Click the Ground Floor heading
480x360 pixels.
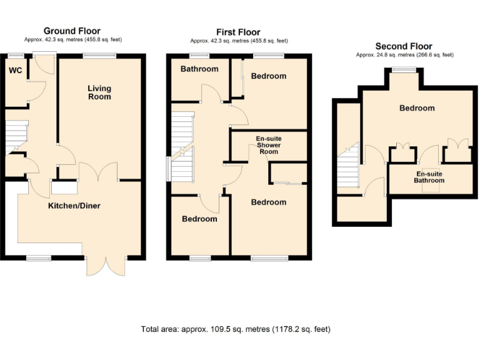(71, 31)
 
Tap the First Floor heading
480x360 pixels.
(238, 32)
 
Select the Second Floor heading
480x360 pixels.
(403, 46)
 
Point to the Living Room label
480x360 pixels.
(99, 92)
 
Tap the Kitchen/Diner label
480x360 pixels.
(74, 206)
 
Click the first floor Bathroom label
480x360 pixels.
(199, 69)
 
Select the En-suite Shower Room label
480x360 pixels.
(269, 145)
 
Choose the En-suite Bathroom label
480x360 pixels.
(429, 177)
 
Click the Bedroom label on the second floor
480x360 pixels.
(417, 108)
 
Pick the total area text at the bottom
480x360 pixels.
(236, 329)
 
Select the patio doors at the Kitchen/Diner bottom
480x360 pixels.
(104, 266)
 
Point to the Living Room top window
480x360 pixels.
(99, 56)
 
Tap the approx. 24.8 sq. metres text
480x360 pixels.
(404, 55)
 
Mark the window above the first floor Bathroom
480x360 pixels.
(199, 56)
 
